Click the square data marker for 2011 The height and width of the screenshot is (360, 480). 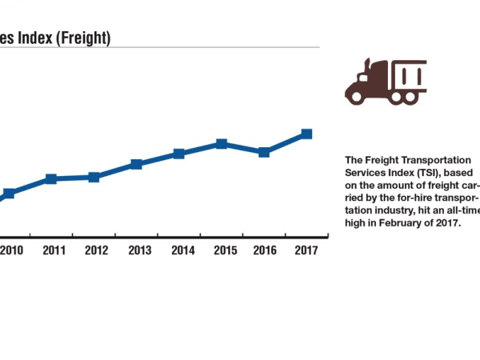pyautogui.click(x=51, y=178)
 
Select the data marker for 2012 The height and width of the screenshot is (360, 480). pyautogui.click(x=94, y=177)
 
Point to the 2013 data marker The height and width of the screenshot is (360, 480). pyautogui.click(x=137, y=164)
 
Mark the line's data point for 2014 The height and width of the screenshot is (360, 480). pyautogui.click(x=179, y=153)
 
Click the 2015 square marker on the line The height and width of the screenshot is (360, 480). pyautogui.click(x=222, y=144)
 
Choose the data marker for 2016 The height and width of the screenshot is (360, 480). pyautogui.click(x=264, y=151)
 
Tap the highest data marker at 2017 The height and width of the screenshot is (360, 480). pyautogui.click(x=306, y=134)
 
